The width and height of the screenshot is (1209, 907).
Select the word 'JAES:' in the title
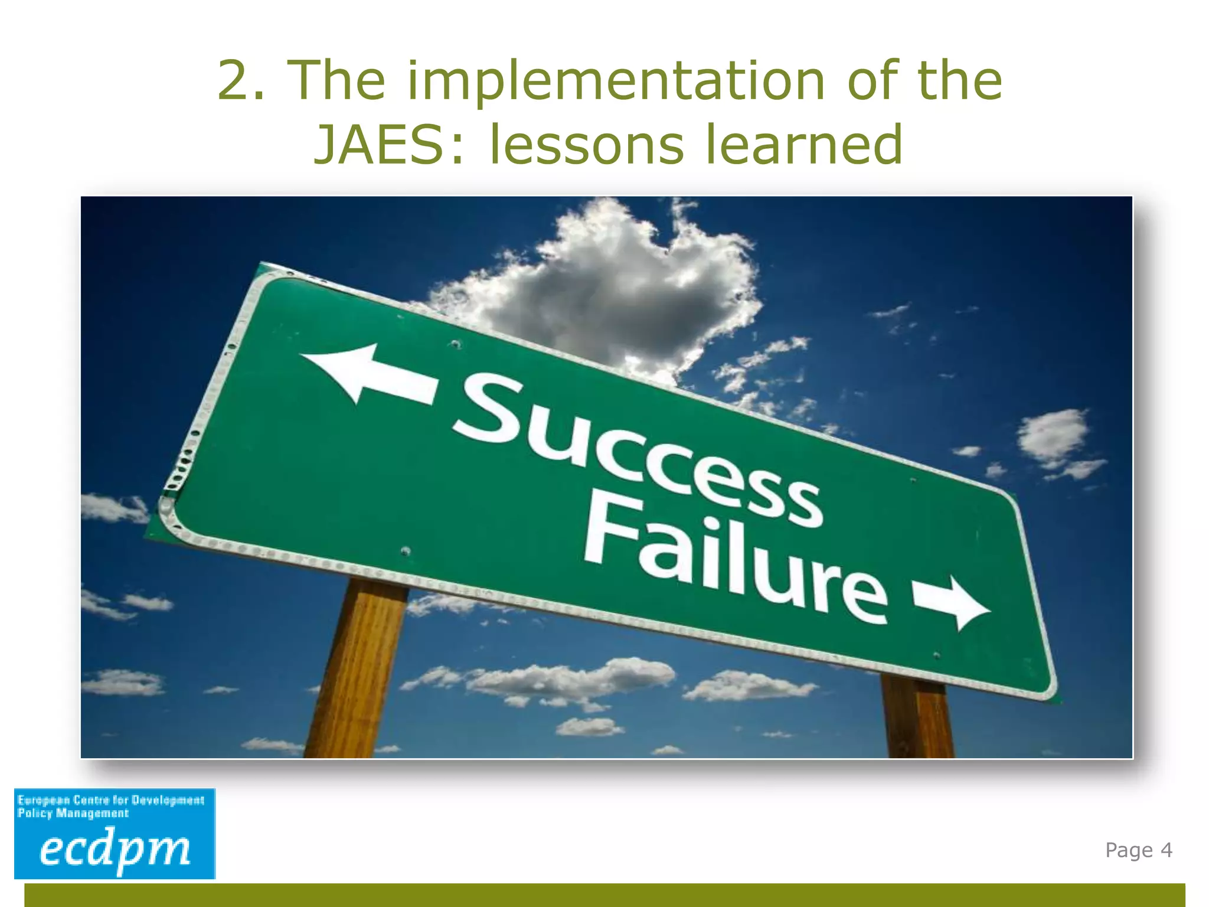tap(390, 145)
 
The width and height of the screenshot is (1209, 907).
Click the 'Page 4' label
tap(1138, 850)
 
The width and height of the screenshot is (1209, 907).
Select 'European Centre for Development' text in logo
tap(111, 800)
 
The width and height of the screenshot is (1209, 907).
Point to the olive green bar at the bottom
tap(604, 895)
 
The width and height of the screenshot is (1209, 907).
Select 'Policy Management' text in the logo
tap(73, 814)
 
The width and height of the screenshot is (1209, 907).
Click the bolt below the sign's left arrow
tap(406, 552)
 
